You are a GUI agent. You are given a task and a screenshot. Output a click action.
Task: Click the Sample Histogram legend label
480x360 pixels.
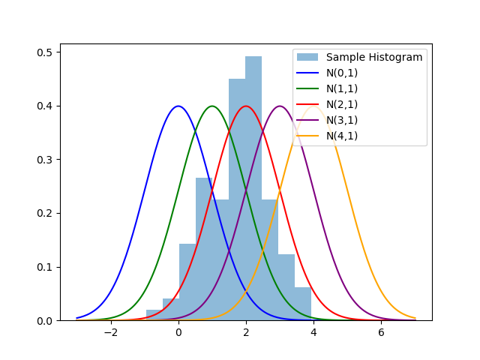(374, 57)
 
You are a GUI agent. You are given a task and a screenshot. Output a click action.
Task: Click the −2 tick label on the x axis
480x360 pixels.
(110, 333)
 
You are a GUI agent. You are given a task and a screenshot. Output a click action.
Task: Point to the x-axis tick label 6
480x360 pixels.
(382, 333)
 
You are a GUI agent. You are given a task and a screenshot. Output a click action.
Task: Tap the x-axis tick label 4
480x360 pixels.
(313, 333)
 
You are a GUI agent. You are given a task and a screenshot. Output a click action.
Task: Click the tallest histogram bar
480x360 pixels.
(253, 187)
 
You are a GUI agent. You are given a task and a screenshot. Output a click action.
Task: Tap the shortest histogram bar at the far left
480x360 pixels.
(154, 315)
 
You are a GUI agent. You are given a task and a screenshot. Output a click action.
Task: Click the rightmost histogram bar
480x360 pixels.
(303, 304)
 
